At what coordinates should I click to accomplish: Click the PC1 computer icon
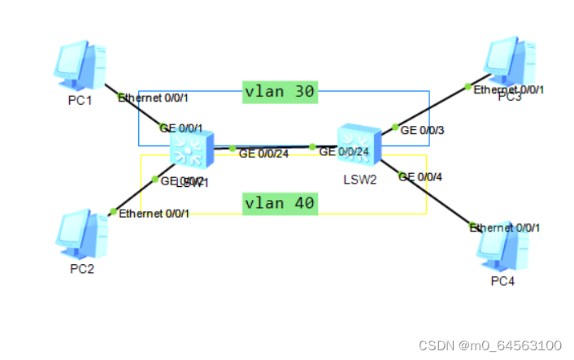[x=80, y=67]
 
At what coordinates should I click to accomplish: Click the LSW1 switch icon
[x=192, y=149]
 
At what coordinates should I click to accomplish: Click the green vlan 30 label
[x=280, y=92]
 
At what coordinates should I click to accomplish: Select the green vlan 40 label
[x=280, y=202]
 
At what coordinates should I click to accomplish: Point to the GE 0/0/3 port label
[x=424, y=129]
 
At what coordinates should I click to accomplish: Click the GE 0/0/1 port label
[x=181, y=128]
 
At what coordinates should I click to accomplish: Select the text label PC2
[x=80, y=269]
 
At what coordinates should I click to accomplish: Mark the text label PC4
[x=502, y=281]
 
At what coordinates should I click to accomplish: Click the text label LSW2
[x=359, y=179]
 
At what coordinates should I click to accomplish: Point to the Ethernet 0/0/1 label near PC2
[x=154, y=214]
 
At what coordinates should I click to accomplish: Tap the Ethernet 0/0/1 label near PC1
[x=154, y=98]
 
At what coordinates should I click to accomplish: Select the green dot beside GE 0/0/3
[x=395, y=128]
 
